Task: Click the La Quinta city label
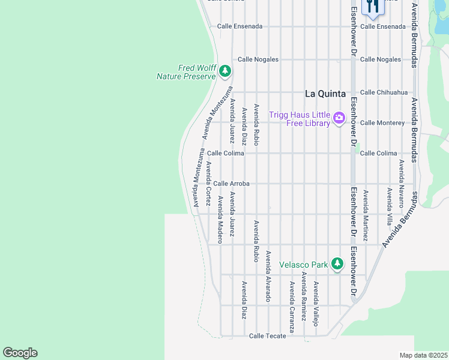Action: pos(325,94)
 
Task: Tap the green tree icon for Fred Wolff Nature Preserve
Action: pos(225,72)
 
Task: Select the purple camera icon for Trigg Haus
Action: pos(339,118)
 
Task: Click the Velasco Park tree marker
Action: pos(337,264)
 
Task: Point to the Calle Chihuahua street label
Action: pos(384,92)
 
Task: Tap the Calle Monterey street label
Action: pos(382,123)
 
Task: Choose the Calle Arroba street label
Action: pos(231,184)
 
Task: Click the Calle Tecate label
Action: pos(267,336)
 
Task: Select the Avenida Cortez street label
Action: pos(208,184)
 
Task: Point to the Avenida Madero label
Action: pos(220,219)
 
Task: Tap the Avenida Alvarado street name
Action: pos(268,275)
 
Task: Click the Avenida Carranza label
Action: pos(292,307)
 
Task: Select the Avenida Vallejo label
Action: pos(316,304)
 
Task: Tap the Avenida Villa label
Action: pos(390,206)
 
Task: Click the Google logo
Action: pos(20,353)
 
